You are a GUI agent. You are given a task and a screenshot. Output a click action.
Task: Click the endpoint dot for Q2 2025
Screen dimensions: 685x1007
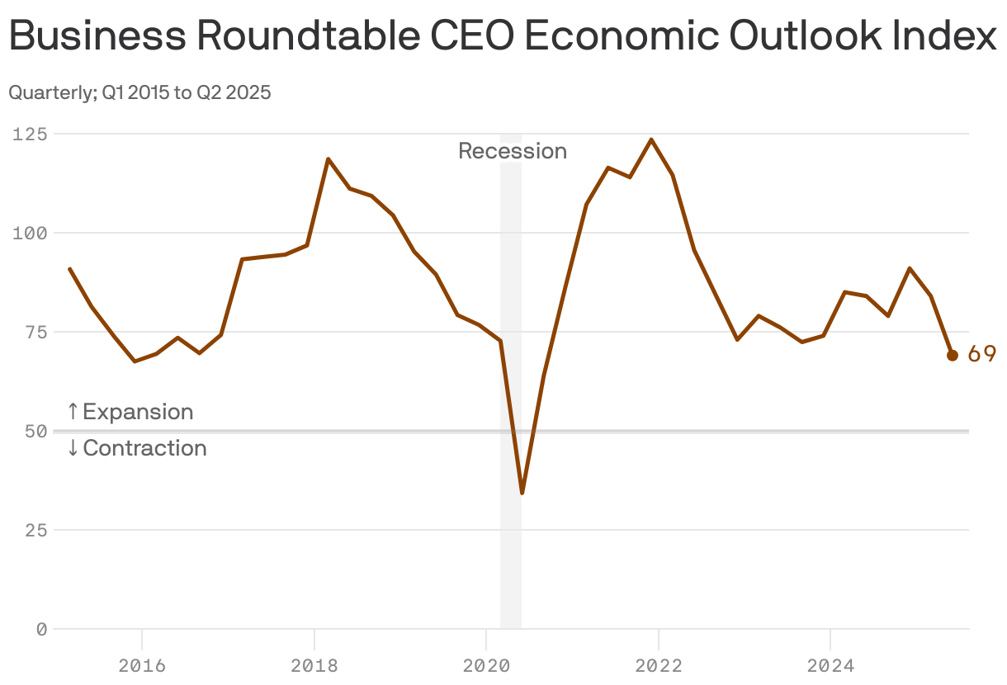pos(952,355)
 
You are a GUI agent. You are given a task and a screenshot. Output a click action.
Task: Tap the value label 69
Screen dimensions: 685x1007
pos(981,354)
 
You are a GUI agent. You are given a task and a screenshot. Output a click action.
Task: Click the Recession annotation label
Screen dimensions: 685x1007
pos(513,151)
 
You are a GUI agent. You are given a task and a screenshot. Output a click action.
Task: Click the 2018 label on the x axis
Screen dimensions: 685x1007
pos(314,665)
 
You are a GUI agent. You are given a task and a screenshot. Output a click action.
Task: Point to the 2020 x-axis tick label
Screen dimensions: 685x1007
pos(486,665)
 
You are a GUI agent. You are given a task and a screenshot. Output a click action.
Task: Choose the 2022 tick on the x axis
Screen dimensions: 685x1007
pos(658,665)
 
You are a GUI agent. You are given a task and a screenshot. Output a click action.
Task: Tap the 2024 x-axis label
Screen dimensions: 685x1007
pos(830,665)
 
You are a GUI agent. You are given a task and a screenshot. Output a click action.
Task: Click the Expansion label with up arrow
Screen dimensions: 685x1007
pos(130,412)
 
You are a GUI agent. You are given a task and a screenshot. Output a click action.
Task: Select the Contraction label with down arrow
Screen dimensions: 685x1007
pos(137,448)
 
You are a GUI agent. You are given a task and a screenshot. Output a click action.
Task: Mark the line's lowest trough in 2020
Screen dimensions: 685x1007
pos(522,493)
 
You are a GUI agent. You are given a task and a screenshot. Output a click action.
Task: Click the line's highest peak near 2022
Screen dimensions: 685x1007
pos(651,139)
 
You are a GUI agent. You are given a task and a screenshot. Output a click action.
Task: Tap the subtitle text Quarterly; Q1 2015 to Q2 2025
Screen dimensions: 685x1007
pos(139,92)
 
